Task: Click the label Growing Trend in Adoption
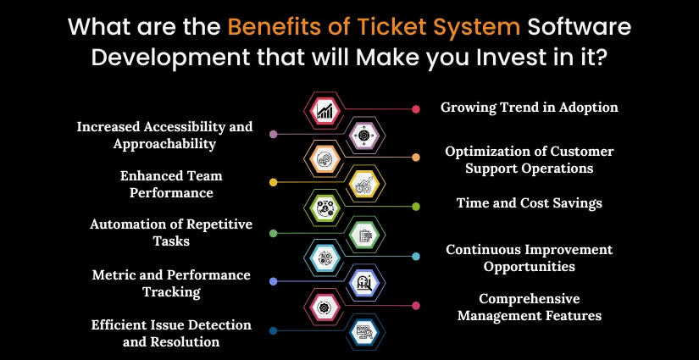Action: coord(530,108)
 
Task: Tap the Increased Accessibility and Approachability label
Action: coord(164,135)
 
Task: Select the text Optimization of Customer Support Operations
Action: coord(530,159)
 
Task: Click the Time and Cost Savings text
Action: coord(530,203)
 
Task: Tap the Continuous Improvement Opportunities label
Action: coord(530,258)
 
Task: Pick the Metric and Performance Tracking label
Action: coord(171,283)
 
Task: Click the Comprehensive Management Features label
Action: coord(530,307)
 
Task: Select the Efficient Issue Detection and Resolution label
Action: coord(171,333)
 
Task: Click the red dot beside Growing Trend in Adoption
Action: coord(416,109)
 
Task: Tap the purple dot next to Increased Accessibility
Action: coord(273,134)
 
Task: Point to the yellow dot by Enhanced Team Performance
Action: coord(273,182)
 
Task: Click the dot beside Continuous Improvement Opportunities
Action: coord(416,256)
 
